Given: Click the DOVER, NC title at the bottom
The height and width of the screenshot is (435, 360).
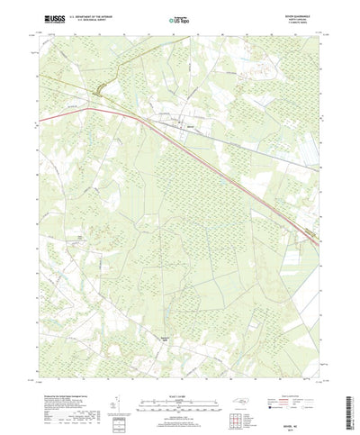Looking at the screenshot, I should tap(305, 412).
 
